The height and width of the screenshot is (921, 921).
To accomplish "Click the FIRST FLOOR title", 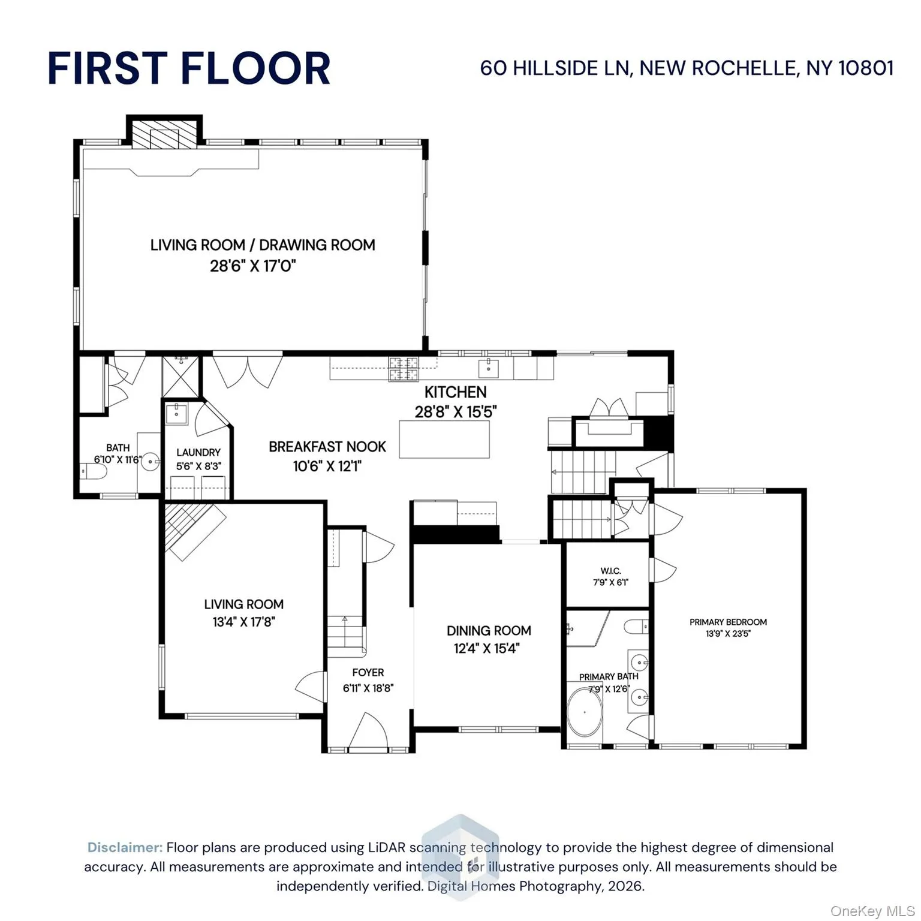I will click(189, 68).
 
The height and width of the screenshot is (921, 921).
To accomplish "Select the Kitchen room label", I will click(455, 392).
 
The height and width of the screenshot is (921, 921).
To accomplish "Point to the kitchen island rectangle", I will click(444, 439).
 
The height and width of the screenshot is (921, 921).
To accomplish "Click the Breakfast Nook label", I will click(327, 447).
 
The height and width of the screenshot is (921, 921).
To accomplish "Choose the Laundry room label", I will click(198, 453).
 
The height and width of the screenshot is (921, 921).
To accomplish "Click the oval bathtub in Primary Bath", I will click(585, 712).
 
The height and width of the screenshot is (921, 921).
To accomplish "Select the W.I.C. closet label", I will click(610, 571).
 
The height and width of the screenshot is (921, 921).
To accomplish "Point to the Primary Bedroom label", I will click(728, 622).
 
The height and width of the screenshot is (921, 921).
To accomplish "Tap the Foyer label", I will click(368, 673).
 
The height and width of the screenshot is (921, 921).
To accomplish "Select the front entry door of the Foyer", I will click(368, 732).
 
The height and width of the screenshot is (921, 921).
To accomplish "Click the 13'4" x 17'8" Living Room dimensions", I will click(243, 622).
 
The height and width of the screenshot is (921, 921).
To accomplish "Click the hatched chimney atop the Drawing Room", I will click(164, 135).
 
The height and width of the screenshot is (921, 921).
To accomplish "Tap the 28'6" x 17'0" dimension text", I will click(253, 266).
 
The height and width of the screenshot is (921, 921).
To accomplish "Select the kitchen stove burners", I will click(404, 369).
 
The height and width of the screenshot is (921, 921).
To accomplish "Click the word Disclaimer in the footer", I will click(125, 847).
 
